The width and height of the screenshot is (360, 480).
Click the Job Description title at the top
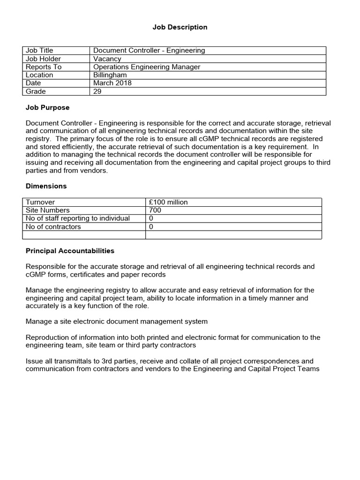(180, 27)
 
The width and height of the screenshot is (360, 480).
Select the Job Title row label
(39, 50)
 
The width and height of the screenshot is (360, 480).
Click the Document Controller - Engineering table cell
(149, 50)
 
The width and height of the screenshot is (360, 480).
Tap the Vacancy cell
(107, 59)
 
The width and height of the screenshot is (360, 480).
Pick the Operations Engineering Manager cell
(147, 67)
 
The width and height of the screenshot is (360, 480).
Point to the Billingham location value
(110, 75)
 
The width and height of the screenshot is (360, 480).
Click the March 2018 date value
(112, 83)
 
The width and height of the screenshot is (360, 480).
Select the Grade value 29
(97, 91)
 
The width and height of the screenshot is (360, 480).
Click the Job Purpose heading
(47, 107)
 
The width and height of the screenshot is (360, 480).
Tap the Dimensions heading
(46, 186)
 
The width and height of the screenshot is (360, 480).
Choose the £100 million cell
(168, 202)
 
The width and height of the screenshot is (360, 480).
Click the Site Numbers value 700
(155, 210)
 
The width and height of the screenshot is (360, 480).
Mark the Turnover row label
(40, 202)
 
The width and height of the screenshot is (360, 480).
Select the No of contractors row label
(53, 227)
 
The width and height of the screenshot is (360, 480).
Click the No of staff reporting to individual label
(78, 218)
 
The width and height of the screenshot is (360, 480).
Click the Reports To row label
(44, 67)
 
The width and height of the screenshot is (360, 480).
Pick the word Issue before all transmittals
(34, 361)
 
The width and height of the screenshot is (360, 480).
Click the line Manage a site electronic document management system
(116, 322)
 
